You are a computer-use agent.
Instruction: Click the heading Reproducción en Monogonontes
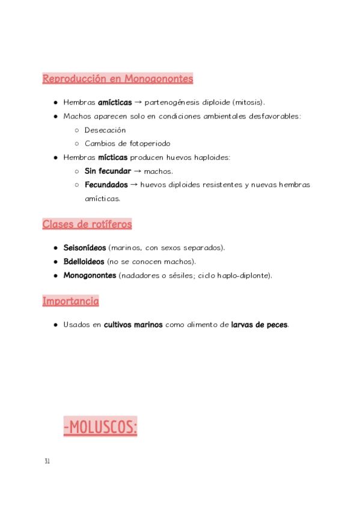click(118, 79)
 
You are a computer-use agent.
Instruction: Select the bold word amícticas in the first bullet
click(115, 102)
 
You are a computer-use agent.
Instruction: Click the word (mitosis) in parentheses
click(248, 102)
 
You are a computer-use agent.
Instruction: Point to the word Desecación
click(105, 130)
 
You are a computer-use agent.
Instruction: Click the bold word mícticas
click(113, 158)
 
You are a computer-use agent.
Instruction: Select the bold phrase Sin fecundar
click(108, 171)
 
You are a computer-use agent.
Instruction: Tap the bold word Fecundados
click(106, 185)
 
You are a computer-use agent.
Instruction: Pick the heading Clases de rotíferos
click(87, 224)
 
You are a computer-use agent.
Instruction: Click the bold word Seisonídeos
click(85, 248)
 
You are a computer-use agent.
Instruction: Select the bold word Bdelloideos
click(84, 262)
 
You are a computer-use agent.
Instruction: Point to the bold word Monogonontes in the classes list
click(90, 275)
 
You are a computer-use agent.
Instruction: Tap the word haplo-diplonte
click(242, 275)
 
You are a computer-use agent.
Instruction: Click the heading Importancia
click(70, 301)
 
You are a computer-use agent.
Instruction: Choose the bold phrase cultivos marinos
click(133, 325)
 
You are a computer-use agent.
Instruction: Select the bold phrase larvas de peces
click(259, 325)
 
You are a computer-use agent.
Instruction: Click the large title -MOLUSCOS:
click(100, 428)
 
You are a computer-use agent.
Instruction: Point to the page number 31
click(47, 461)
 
